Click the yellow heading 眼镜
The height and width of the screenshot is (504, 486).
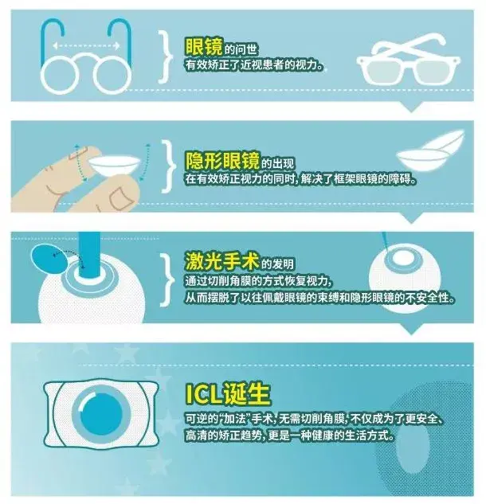click(x=204, y=47)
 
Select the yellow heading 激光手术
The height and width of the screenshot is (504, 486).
click(x=222, y=261)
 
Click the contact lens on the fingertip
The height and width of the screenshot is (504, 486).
click(x=115, y=165)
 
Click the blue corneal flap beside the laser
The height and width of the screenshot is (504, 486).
click(x=49, y=258)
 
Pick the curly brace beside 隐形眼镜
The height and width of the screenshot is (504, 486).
click(x=169, y=167)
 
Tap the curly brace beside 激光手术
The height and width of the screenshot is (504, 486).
click(x=167, y=279)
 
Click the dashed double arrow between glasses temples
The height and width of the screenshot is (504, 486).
click(x=86, y=46)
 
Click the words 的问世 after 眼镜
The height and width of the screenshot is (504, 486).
click(x=241, y=49)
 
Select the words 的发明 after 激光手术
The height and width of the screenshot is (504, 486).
click(x=277, y=264)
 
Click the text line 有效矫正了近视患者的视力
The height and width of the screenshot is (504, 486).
click(x=254, y=65)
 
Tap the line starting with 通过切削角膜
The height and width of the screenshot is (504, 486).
click(x=259, y=281)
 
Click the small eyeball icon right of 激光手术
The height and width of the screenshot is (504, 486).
click(x=405, y=277)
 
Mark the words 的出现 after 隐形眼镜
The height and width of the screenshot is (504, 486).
click(x=277, y=163)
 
